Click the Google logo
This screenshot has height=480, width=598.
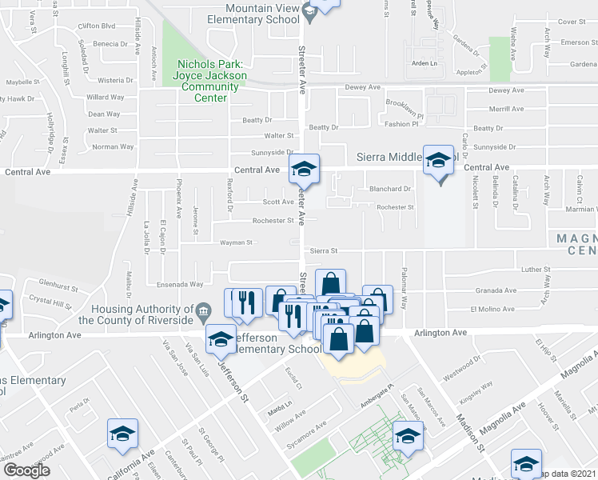(x=27, y=470)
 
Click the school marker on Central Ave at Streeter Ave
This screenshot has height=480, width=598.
(x=303, y=170)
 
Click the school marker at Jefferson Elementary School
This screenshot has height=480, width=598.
(x=221, y=340)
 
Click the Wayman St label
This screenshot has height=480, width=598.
(x=236, y=242)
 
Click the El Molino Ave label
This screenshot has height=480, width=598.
(x=491, y=309)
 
